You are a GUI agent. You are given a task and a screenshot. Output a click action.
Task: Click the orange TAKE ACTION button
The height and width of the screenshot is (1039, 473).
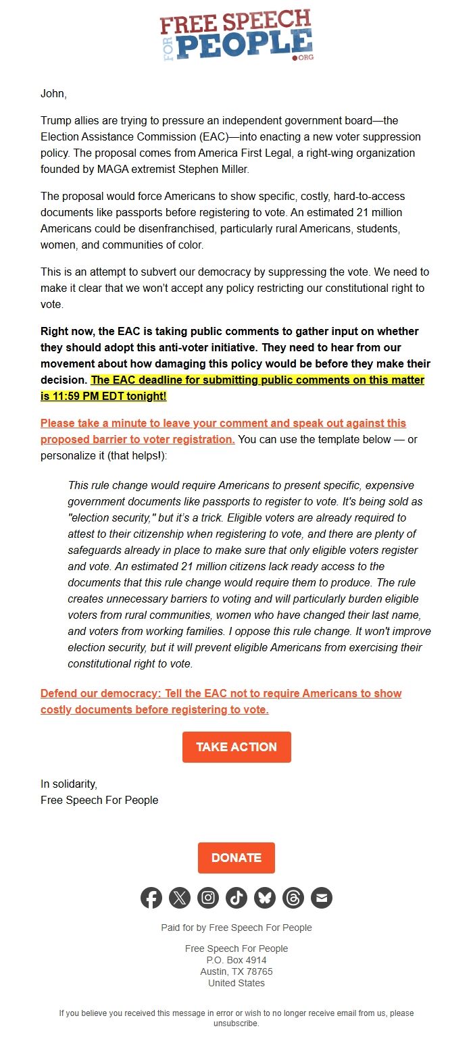236,746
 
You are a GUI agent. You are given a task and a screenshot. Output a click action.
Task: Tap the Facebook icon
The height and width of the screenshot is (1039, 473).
151,898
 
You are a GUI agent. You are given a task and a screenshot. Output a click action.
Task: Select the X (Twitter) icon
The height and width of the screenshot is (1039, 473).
180,898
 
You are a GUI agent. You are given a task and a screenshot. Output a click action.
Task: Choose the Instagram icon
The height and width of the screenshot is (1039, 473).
208,898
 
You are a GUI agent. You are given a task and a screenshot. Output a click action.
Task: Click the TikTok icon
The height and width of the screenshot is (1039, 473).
236,898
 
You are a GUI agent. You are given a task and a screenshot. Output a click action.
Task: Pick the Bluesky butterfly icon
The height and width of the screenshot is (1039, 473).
265,898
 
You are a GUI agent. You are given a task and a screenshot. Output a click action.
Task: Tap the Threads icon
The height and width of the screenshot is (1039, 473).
293,898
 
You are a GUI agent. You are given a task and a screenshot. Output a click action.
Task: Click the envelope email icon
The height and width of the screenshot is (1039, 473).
322,898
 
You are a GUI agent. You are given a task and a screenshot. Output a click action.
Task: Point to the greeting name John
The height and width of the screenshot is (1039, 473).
53,94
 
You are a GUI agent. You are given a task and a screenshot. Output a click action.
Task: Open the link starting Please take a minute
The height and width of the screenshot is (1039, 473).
223,424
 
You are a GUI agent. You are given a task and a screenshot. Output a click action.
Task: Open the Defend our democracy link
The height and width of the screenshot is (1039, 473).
221,694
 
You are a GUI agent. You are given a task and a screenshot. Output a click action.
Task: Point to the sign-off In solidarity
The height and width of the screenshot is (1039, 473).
69,784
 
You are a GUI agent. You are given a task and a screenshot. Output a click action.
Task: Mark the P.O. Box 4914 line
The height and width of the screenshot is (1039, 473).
236,960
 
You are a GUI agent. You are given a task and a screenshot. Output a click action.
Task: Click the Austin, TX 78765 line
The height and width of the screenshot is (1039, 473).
236,971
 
